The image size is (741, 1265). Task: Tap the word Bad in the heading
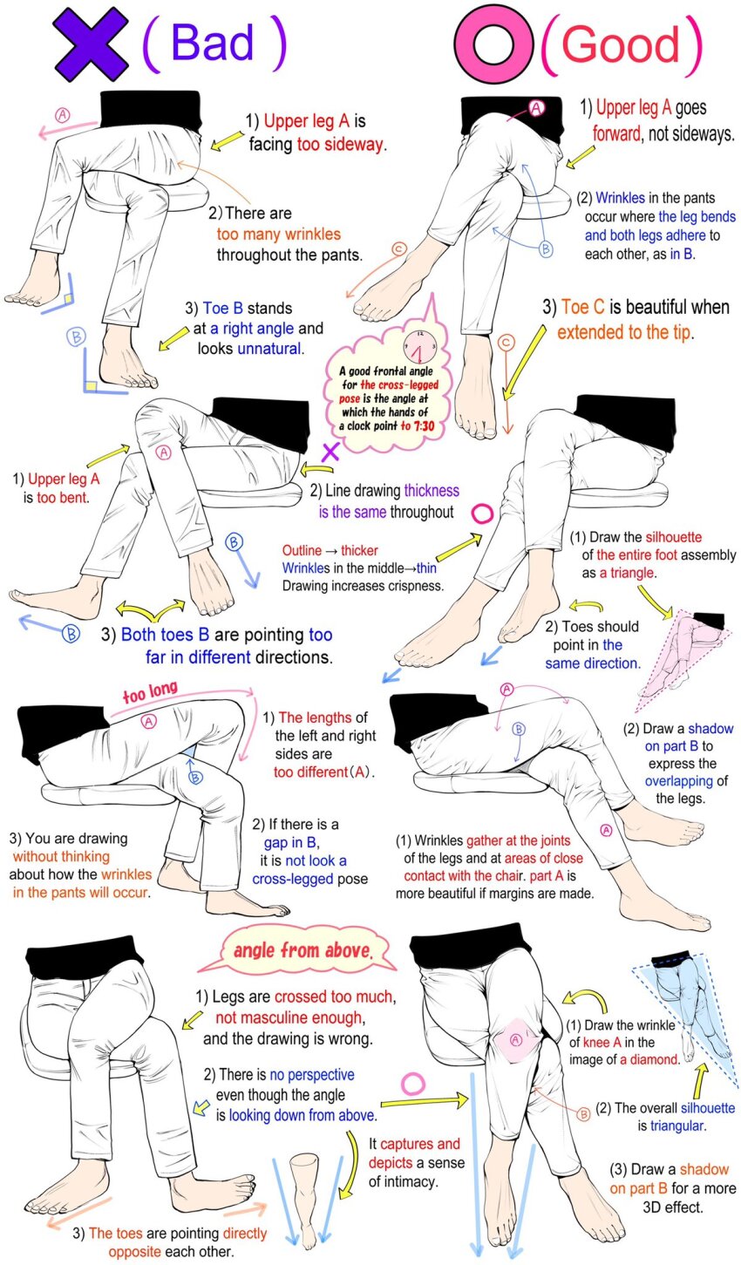[213, 43]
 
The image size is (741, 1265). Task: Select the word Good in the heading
[620, 44]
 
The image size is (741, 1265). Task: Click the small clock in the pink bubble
[419, 345]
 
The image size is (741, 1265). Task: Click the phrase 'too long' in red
[150, 691]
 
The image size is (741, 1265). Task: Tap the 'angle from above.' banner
[303, 950]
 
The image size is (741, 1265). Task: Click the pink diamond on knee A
[515, 1040]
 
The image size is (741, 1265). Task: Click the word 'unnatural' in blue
[270, 349]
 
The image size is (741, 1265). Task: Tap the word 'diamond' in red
[649, 1059]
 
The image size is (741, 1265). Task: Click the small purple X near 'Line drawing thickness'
[330, 452]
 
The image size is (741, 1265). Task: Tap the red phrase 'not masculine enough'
[289, 1017]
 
